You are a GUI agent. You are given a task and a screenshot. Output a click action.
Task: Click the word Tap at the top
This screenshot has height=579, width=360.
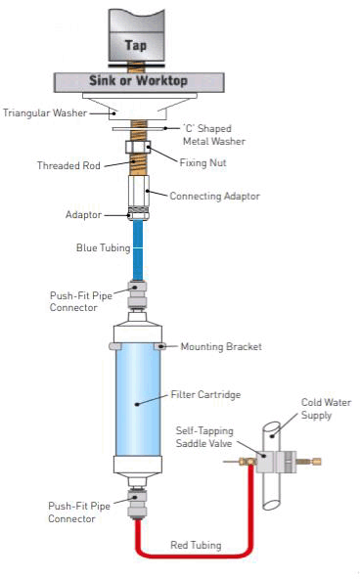coord(136,45)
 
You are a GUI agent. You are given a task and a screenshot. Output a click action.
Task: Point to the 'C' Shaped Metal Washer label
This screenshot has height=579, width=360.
coord(214,135)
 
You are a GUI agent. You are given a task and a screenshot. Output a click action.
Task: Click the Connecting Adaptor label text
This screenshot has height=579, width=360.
coord(214,196)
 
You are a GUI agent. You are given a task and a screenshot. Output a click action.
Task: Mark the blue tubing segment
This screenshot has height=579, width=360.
coord(137,250)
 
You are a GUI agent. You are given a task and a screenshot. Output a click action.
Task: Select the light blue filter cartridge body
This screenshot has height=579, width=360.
coord(136,401)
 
